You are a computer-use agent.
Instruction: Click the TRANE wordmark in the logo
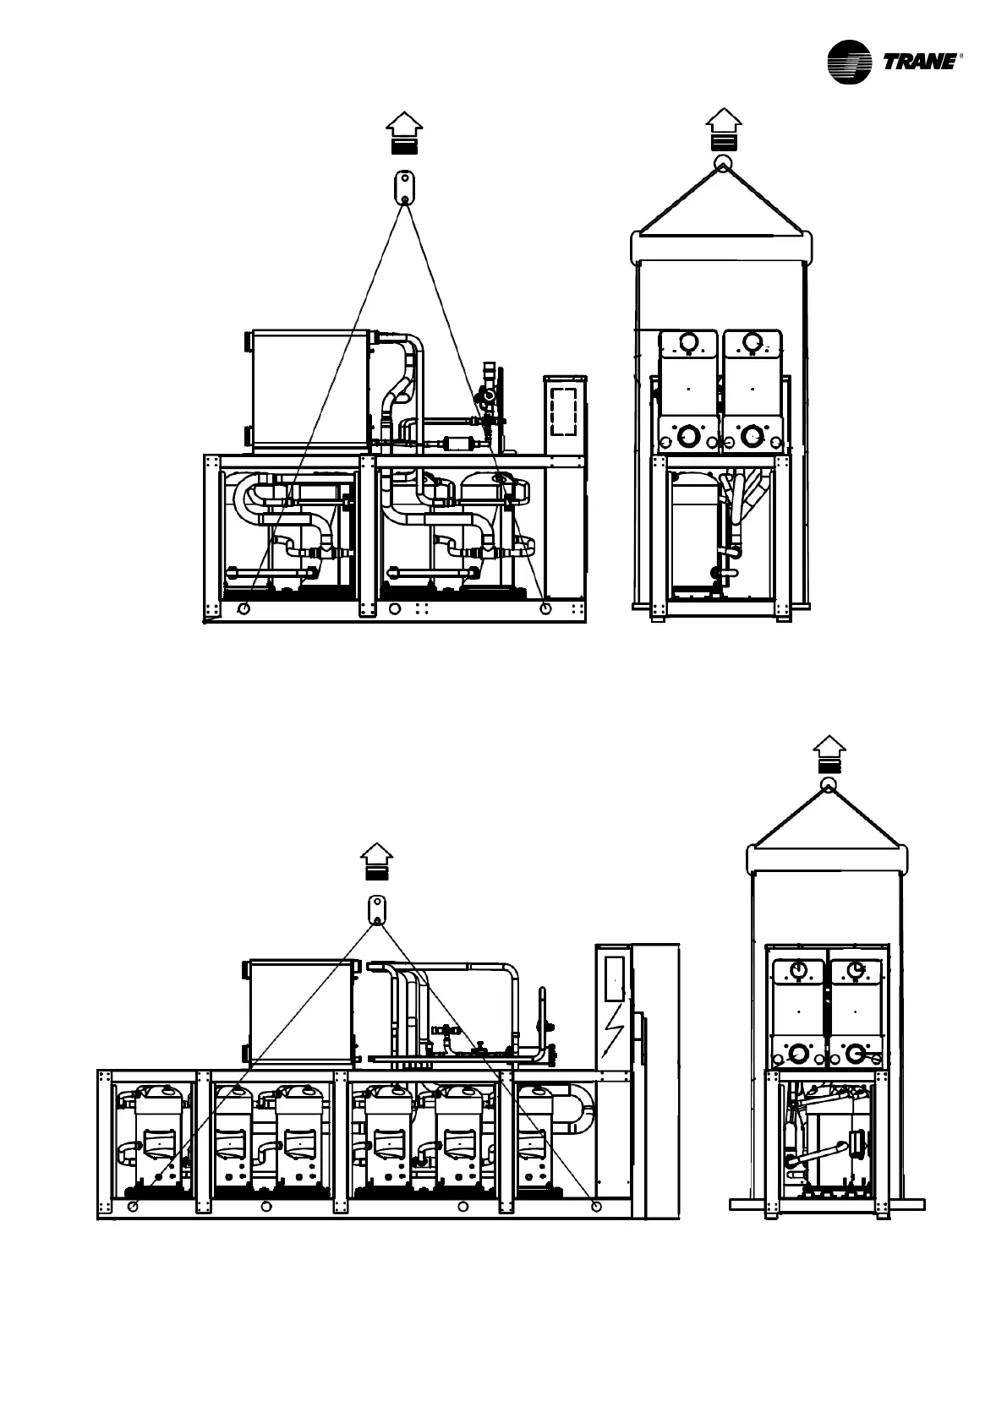click(920, 61)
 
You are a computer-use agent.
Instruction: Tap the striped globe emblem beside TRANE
click(848, 62)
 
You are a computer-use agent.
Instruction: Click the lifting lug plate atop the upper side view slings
click(405, 187)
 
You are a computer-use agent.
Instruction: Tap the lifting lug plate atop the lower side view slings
click(377, 909)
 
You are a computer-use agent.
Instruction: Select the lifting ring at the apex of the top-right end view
click(723, 163)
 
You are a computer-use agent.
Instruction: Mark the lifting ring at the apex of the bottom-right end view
click(829, 786)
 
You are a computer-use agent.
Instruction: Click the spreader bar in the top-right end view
click(723, 247)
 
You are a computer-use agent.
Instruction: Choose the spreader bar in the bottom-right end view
click(827, 859)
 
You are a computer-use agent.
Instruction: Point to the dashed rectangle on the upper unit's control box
click(563, 411)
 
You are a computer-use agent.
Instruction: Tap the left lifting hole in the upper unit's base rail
click(244, 608)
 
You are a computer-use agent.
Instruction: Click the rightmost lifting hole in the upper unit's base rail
click(545, 608)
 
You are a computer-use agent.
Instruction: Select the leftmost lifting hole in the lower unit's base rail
click(132, 1206)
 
